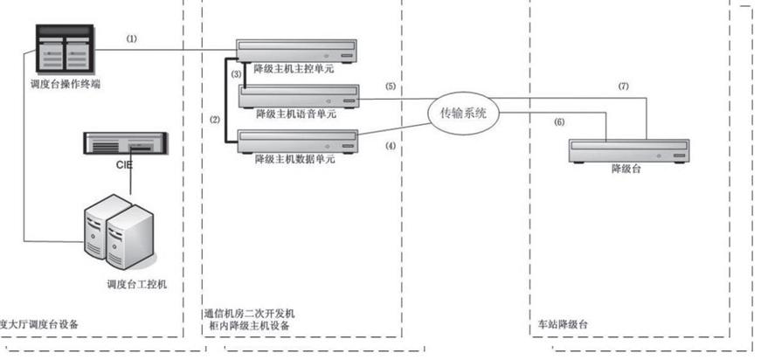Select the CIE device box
(x=125, y=142)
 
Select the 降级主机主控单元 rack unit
(x=299, y=51)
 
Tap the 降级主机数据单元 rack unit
(x=299, y=140)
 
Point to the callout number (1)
(x=132, y=38)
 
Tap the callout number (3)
(x=236, y=76)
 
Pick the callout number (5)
(x=390, y=87)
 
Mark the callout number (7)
(x=623, y=87)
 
